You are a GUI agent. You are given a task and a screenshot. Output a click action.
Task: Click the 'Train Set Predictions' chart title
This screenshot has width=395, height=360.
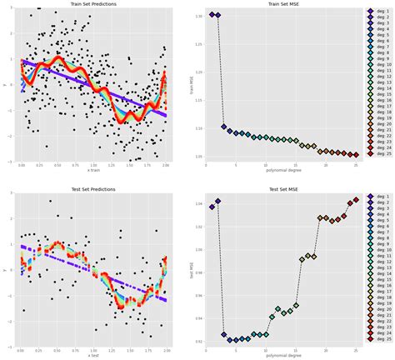tap(92, 4)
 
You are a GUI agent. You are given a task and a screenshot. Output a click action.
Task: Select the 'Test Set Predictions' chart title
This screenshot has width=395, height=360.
tap(92, 189)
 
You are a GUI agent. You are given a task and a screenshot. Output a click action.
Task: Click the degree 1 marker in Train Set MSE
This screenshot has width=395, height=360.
tap(212, 15)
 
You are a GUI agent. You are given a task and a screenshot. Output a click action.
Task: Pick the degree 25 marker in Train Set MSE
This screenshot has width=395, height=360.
tap(355, 154)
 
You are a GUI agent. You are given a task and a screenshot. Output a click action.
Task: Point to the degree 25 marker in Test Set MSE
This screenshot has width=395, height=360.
tap(355, 200)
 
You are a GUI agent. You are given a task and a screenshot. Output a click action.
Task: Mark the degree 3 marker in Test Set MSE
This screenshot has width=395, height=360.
tap(223, 335)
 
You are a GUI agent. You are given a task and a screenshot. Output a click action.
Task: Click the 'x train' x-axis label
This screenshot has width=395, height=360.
tap(92, 171)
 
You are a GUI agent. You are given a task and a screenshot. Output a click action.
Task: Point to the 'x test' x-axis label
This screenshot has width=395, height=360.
tap(92, 356)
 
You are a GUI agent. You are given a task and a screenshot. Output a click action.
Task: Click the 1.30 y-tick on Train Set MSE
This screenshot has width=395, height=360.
tap(197, 16)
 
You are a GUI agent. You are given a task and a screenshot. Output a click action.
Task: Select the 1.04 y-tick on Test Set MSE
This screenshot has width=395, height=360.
tap(197, 203)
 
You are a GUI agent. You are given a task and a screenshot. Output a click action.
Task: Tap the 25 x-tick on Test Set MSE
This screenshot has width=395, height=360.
tap(355, 350)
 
